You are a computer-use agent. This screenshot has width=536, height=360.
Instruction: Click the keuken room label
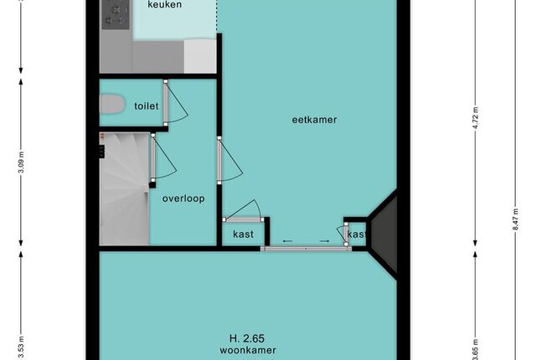click(164, 4)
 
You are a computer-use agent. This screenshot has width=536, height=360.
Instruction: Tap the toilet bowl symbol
click(111, 104)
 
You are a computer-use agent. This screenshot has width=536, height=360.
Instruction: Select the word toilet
click(147, 106)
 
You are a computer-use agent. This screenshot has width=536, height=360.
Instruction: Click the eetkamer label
click(314, 120)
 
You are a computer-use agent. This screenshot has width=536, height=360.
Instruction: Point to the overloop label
click(183, 198)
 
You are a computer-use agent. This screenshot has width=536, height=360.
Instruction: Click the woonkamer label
click(248, 350)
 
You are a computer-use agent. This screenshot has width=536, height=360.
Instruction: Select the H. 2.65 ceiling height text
click(247, 338)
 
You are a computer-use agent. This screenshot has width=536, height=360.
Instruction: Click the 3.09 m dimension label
click(21, 162)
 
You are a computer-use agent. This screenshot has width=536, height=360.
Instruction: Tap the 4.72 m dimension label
click(475, 118)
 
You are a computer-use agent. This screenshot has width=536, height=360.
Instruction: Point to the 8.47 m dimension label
click(516, 219)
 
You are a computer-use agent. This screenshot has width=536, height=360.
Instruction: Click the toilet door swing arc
click(177, 103)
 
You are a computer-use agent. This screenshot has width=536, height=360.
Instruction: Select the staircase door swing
click(164, 157)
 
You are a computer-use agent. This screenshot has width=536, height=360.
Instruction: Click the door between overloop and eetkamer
click(229, 161)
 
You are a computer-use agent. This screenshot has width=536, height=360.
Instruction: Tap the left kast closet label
click(243, 234)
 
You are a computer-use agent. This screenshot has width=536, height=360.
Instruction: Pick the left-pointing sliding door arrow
click(287, 241)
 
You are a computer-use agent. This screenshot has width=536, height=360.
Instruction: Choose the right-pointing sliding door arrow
click(324, 241)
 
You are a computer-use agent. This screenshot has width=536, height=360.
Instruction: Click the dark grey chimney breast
click(385, 232)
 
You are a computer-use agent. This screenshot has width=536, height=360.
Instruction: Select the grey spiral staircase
click(125, 189)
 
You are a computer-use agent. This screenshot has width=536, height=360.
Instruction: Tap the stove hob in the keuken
click(116, 14)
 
